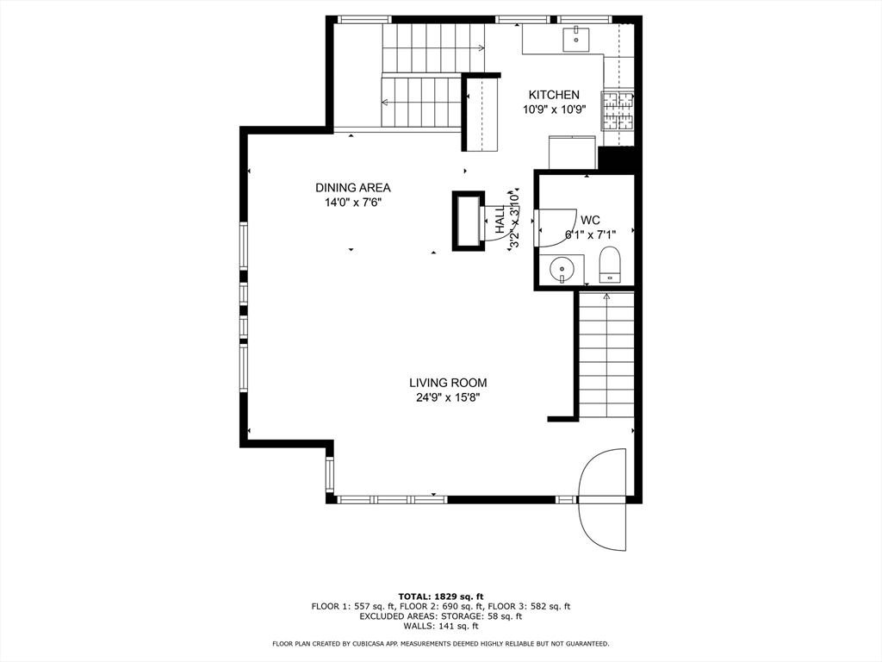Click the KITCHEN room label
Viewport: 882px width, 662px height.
554,95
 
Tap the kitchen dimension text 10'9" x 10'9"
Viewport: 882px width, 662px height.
554,109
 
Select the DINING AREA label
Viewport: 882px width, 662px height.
352,188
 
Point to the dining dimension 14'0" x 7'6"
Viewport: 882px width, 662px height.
352,203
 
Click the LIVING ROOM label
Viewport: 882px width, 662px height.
447,383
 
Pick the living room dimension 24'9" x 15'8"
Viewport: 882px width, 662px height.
447,397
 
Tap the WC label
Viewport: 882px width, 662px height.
590,220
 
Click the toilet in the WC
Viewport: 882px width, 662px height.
610,265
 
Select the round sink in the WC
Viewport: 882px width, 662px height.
562,268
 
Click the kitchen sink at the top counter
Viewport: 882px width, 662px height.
575,37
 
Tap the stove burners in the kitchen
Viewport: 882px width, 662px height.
618,109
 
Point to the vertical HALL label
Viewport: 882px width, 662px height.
500,220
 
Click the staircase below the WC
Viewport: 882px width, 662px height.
606,355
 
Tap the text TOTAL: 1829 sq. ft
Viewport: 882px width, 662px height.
440,596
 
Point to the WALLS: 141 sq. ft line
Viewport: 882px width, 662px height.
440,626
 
